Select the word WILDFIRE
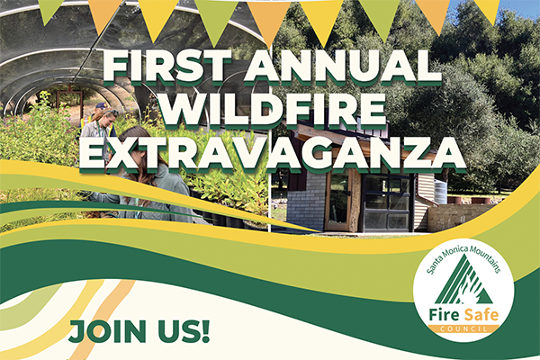pyautogui.click(x=271, y=111)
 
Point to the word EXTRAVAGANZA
pyautogui.click(x=271, y=152)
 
